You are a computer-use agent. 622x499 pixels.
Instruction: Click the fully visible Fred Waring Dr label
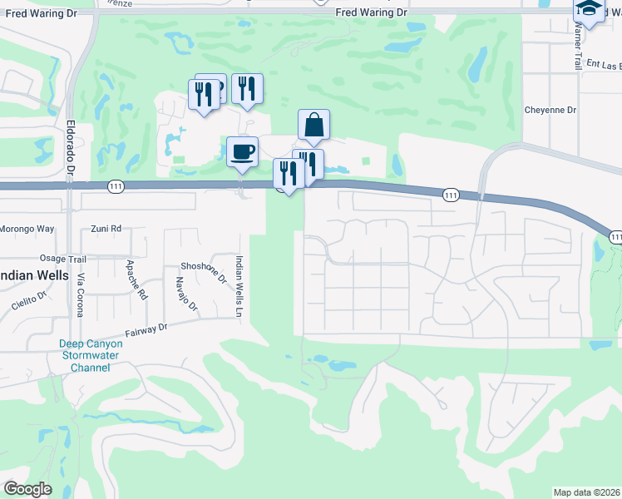[x=372, y=12]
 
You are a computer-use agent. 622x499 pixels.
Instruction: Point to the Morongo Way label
[x=27, y=228]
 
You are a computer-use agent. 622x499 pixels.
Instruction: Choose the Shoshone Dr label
[x=204, y=266]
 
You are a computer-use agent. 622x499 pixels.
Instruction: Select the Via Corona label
[x=81, y=294]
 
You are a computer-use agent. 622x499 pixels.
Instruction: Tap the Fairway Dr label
[x=146, y=330]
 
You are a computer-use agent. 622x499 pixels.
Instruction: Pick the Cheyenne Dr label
[x=550, y=110]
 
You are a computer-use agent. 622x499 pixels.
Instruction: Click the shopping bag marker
[x=313, y=125]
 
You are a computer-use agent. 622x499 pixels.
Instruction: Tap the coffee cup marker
[x=242, y=151]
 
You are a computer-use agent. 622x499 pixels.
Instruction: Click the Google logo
[x=28, y=488]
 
